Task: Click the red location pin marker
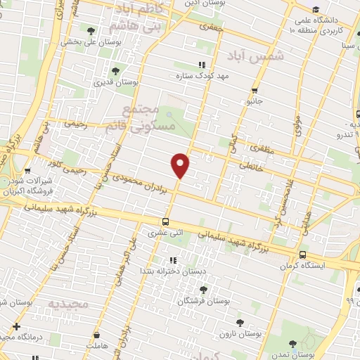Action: [x=181, y=165]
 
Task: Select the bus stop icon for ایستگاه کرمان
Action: [x=302, y=255]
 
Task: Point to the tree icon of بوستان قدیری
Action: [x=115, y=70]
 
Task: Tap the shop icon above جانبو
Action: [x=254, y=90]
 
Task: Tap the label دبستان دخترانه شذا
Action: [x=173, y=271]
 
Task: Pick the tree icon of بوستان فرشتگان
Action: [x=204, y=289]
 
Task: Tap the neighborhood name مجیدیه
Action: [x=69, y=304]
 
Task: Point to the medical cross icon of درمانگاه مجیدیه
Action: [x=16, y=326]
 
